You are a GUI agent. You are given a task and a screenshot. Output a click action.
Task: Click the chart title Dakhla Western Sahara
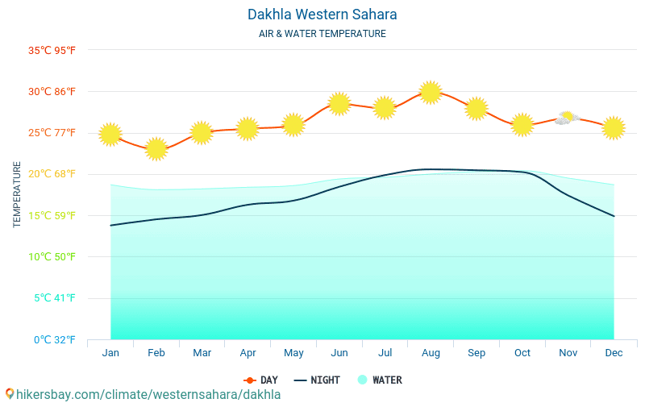[x=322, y=15]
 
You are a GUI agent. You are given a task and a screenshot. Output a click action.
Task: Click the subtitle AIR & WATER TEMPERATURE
[x=322, y=34]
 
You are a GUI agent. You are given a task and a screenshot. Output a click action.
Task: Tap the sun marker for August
[x=431, y=93]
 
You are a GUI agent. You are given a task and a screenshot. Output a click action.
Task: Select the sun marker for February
[x=156, y=148]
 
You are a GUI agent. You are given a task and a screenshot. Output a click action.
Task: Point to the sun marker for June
[x=339, y=103]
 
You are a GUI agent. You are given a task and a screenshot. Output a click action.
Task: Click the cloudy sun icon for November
[x=567, y=118]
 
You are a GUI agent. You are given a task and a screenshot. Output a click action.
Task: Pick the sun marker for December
[x=614, y=127]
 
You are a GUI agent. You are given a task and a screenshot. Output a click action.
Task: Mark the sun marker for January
[x=110, y=134]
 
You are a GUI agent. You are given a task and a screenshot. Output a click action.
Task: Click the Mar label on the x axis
[x=202, y=353]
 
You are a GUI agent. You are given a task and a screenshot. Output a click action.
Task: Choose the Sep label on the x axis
[x=476, y=353]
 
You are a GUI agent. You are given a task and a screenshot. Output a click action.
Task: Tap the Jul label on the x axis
[x=385, y=353]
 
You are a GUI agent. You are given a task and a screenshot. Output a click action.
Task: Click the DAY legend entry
[x=261, y=380]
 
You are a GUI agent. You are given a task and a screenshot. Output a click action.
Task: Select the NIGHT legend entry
[x=317, y=380]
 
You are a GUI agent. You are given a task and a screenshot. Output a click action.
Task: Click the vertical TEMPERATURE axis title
[x=17, y=194]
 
